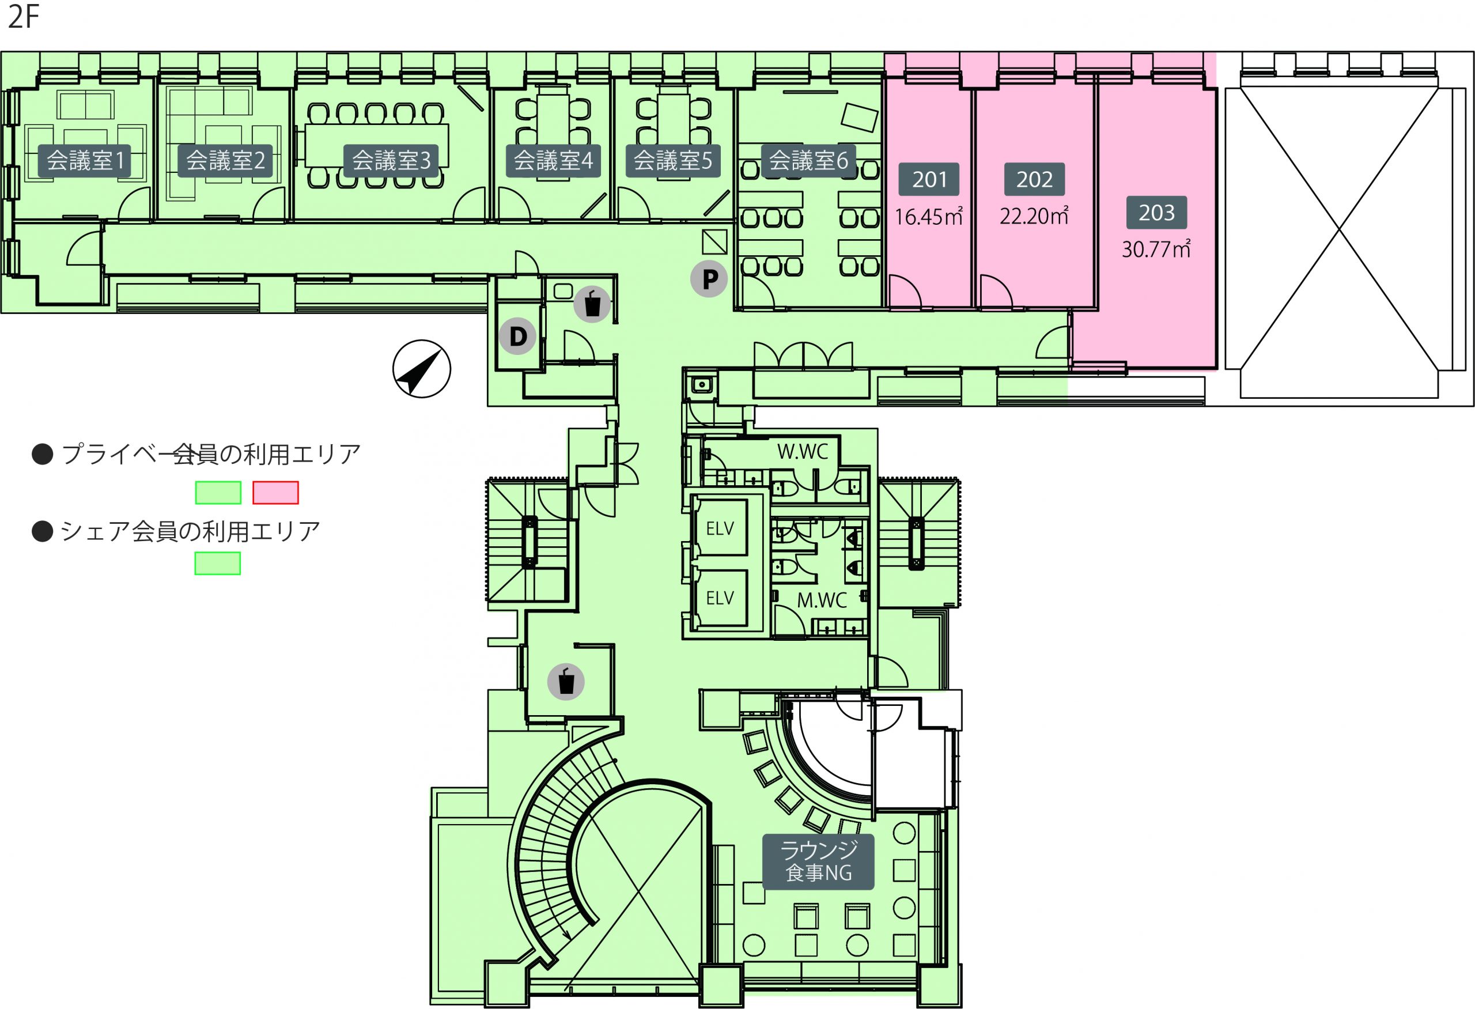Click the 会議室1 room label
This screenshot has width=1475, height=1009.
pos(85,161)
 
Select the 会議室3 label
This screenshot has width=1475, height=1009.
pos(391,161)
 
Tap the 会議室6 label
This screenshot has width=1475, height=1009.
pos(808,161)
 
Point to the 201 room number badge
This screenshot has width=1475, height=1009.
pos(929,180)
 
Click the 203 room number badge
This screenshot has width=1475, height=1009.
pos(1156,213)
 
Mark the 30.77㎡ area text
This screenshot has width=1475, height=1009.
pos(1156,250)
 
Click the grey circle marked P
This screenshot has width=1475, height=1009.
pos(709,278)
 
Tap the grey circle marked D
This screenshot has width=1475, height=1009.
pos(518,336)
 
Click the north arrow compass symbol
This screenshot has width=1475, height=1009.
pos(421,369)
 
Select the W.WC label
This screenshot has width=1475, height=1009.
pos(803,452)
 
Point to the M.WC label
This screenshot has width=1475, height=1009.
pos(822,600)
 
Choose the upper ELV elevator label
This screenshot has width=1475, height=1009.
pos(720,528)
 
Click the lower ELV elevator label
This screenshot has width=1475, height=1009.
pos(720,598)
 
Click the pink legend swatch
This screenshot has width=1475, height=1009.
pos(275,493)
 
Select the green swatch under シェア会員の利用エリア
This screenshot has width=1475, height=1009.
pos(218,564)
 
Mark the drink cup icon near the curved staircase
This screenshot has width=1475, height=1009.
pos(565,682)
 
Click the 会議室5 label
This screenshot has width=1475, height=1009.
pos(673,161)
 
